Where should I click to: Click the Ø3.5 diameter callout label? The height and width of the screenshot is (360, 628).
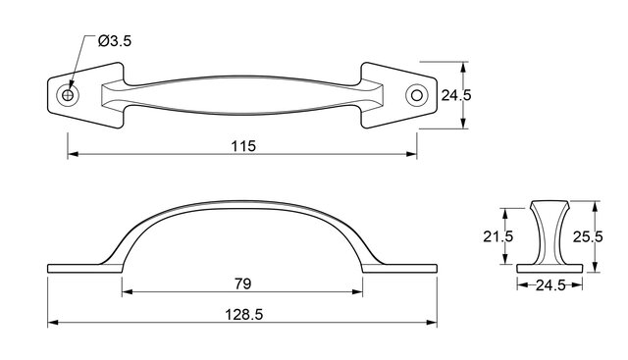tap(115, 41)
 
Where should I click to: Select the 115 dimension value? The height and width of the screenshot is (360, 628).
tap(243, 146)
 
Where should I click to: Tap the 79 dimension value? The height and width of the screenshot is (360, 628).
tap(242, 283)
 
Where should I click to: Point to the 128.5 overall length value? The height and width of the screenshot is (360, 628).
tap(243, 315)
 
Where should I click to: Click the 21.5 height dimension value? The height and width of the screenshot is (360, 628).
tap(497, 236)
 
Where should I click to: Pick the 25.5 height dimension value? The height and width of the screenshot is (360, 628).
tap(588, 236)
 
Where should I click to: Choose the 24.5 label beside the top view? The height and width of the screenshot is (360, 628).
tap(456, 95)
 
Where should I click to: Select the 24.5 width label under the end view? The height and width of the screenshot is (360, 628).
tap(550, 285)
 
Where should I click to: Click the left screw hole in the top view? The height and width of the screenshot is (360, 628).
tap(68, 95)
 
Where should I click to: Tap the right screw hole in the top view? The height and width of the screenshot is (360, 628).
tap(417, 95)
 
